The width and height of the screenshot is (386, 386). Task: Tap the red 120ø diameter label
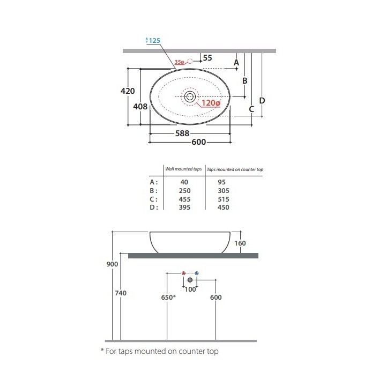210,103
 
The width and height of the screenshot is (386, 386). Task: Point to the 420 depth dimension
127,91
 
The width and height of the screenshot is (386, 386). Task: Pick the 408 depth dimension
140,107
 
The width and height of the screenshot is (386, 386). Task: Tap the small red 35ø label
179,62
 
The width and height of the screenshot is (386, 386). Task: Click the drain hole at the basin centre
190,96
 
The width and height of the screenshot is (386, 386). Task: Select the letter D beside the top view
262,100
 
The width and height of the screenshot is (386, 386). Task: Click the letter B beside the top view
244,80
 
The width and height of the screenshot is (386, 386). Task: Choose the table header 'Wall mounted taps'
183,169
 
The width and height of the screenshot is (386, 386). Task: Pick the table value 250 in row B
183,190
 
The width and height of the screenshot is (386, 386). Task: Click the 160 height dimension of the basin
240,243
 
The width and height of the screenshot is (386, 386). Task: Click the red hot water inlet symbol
184,273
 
